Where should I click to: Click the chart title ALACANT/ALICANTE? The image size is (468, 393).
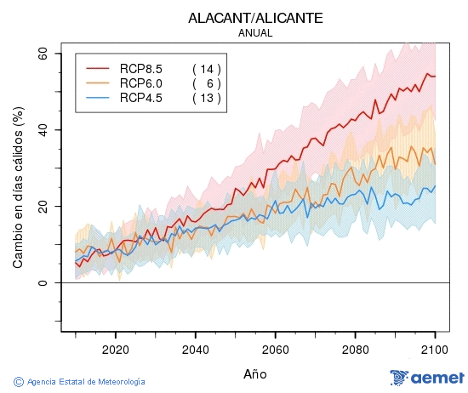click(255, 18)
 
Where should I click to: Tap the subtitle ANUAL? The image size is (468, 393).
click(255, 33)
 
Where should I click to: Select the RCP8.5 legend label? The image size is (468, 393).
click(141, 69)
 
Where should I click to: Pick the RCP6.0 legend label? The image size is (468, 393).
click(141, 83)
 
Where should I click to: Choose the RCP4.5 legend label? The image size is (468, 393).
click(141, 98)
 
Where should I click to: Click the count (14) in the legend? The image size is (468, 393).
click(207, 69)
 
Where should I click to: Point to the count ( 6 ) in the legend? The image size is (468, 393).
click(207, 83)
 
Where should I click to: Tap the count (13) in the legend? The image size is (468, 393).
click(207, 98)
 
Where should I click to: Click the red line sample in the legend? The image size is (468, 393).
click(99, 69)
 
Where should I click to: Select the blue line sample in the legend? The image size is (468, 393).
click(99, 98)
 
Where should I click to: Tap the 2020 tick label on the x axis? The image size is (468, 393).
click(115, 349)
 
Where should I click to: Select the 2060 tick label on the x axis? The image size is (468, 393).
click(275, 349)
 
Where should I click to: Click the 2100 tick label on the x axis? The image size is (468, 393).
click(435, 349)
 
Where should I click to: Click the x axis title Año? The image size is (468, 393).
click(255, 373)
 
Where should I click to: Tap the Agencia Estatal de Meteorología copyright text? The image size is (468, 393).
click(80, 382)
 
